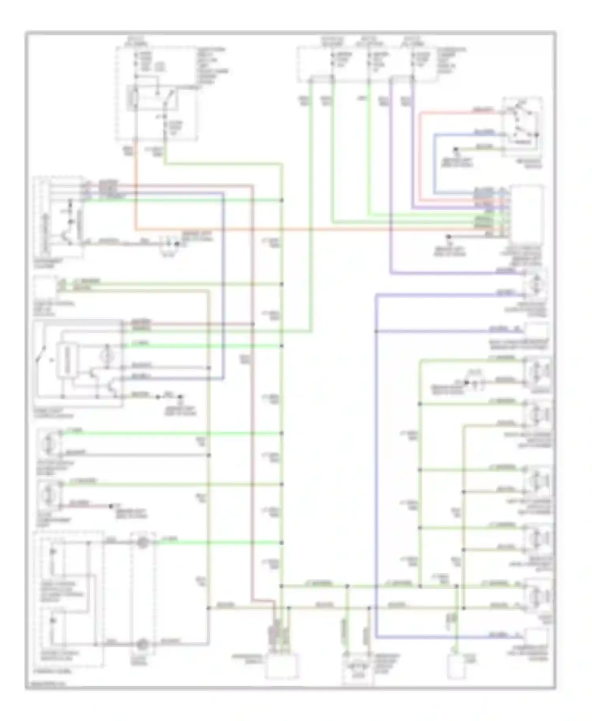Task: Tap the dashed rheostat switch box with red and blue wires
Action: click(522, 126)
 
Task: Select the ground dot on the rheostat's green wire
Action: click(455, 150)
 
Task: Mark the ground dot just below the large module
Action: click(448, 237)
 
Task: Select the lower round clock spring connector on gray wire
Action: click(142, 644)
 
